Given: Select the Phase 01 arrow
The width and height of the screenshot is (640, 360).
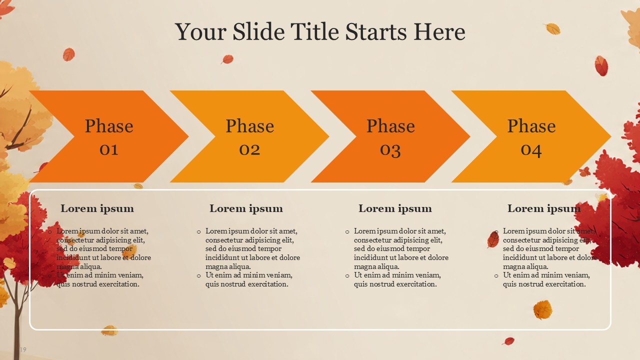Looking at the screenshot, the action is [109, 136].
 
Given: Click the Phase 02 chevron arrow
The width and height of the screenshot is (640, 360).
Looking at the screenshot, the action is [249, 136].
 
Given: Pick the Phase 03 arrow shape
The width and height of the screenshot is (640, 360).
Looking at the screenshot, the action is [390, 136].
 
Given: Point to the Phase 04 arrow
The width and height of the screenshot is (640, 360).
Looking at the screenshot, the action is [531, 136].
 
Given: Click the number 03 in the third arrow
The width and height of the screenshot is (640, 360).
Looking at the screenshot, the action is [390, 150].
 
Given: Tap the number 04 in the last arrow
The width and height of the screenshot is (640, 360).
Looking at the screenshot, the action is [531, 150].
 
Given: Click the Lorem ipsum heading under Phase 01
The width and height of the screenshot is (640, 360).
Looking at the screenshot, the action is [97, 209].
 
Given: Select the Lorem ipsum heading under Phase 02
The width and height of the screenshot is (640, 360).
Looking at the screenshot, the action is [246, 209].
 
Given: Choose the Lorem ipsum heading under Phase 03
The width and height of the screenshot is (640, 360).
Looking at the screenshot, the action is [395, 209].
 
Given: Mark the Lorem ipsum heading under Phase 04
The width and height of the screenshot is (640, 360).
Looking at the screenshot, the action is [544, 209].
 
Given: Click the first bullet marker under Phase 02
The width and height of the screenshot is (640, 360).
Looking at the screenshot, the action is [199, 232].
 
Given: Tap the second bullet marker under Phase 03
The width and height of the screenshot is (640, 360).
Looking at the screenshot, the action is [347, 276].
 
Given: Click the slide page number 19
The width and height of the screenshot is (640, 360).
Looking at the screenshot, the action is [23, 349].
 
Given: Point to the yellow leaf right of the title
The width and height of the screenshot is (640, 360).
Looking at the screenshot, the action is [552, 29].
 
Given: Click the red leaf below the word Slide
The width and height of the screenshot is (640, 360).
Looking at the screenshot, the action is [227, 59].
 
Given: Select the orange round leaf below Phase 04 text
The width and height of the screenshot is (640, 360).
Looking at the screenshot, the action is [542, 309].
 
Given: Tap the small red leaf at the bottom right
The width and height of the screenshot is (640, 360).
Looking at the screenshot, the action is [508, 341].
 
